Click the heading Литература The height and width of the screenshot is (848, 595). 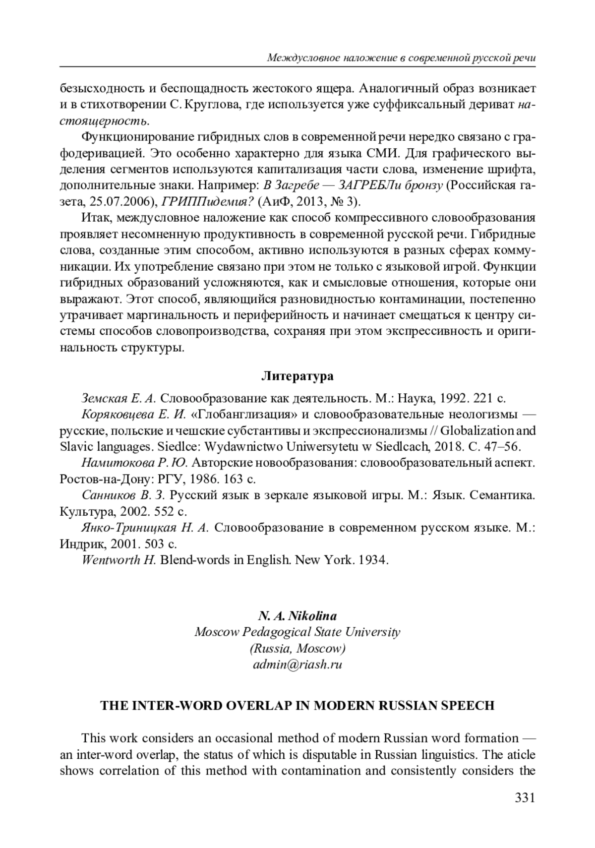tap(297, 376)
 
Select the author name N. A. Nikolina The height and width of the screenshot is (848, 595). tap(297, 616)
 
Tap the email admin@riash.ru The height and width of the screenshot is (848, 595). tap(297, 665)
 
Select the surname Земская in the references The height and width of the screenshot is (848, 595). tap(103, 398)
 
